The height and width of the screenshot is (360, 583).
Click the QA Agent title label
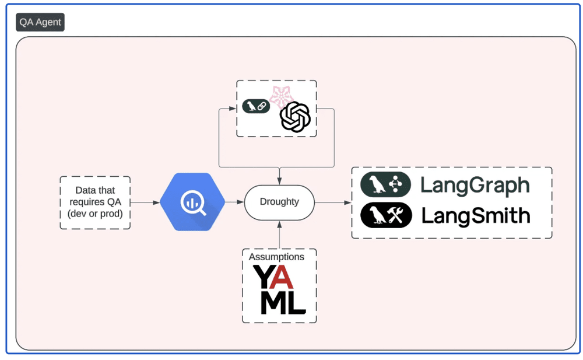pos(40,23)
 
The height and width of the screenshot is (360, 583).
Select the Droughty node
pos(279,202)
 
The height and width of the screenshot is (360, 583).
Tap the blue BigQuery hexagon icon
pos(192,202)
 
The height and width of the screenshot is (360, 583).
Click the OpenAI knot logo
pos(295,116)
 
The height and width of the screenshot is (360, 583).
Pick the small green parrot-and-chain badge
pos(256,107)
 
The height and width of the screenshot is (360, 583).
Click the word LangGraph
pos(475,186)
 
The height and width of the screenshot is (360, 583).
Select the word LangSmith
pos(476,216)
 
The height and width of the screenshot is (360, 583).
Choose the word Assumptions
pos(276,257)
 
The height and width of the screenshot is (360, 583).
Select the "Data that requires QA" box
pos(95,202)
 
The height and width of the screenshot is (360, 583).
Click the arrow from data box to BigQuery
pos(146,202)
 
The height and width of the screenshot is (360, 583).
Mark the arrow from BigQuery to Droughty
pos(235,202)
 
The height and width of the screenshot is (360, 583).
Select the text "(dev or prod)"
pos(95,213)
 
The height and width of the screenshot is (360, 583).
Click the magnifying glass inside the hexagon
pos(194,204)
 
